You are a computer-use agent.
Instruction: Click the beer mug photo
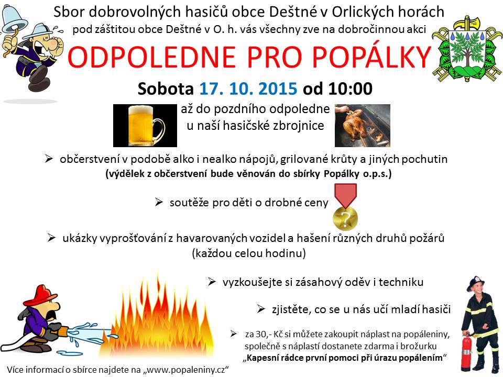click(145, 125)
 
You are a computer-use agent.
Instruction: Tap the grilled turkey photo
click(363, 125)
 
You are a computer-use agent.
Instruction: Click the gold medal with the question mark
click(345, 218)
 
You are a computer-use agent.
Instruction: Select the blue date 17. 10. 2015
click(248, 88)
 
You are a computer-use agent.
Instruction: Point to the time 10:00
click(351, 88)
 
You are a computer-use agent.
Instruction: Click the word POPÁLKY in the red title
click(371, 57)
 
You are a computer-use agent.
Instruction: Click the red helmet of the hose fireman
click(40, 295)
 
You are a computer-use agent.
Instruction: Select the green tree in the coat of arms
click(467, 51)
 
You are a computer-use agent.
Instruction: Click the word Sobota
click(166, 88)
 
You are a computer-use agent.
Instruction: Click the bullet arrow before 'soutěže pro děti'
click(159, 202)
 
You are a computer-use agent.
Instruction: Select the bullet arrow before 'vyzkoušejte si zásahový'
click(212, 282)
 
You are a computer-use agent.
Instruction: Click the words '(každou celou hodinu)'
click(249, 253)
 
